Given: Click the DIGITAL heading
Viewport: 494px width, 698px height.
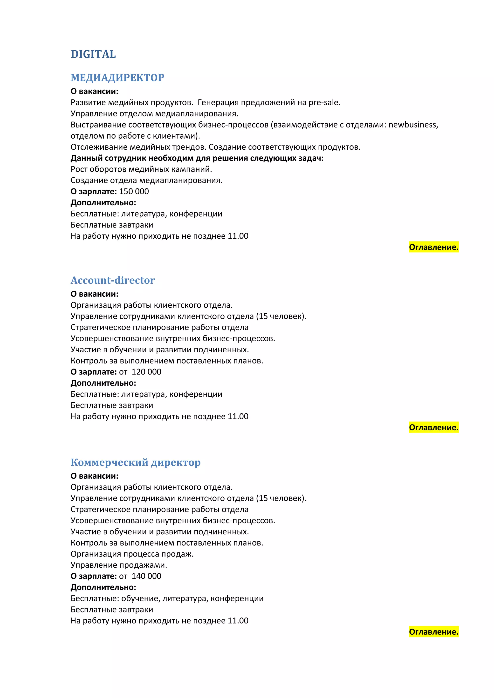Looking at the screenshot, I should (x=93, y=54).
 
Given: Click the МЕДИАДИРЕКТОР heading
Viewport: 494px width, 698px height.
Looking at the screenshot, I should (x=117, y=78).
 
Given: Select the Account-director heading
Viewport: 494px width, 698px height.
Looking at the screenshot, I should (x=113, y=280).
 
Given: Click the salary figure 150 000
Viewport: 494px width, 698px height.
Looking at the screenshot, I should (x=134, y=192).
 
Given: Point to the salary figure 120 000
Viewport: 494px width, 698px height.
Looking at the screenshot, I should (x=146, y=372).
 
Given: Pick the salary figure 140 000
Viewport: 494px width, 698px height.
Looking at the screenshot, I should (x=146, y=576).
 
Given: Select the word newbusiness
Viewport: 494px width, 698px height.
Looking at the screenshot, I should (x=413, y=125).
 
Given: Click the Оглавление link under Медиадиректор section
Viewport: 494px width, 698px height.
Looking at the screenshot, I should (x=433, y=247).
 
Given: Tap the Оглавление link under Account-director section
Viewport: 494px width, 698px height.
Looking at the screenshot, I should (x=433, y=427).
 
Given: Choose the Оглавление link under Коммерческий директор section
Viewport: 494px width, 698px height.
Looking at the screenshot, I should (x=433, y=632).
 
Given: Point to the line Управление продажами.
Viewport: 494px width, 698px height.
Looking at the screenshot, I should (x=119, y=565).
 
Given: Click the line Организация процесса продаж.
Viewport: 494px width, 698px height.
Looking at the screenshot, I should (x=132, y=554).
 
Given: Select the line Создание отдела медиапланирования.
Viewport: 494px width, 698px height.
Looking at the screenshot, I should (x=146, y=180).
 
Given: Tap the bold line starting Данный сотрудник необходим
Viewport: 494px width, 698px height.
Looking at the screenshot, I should (x=197, y=158).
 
